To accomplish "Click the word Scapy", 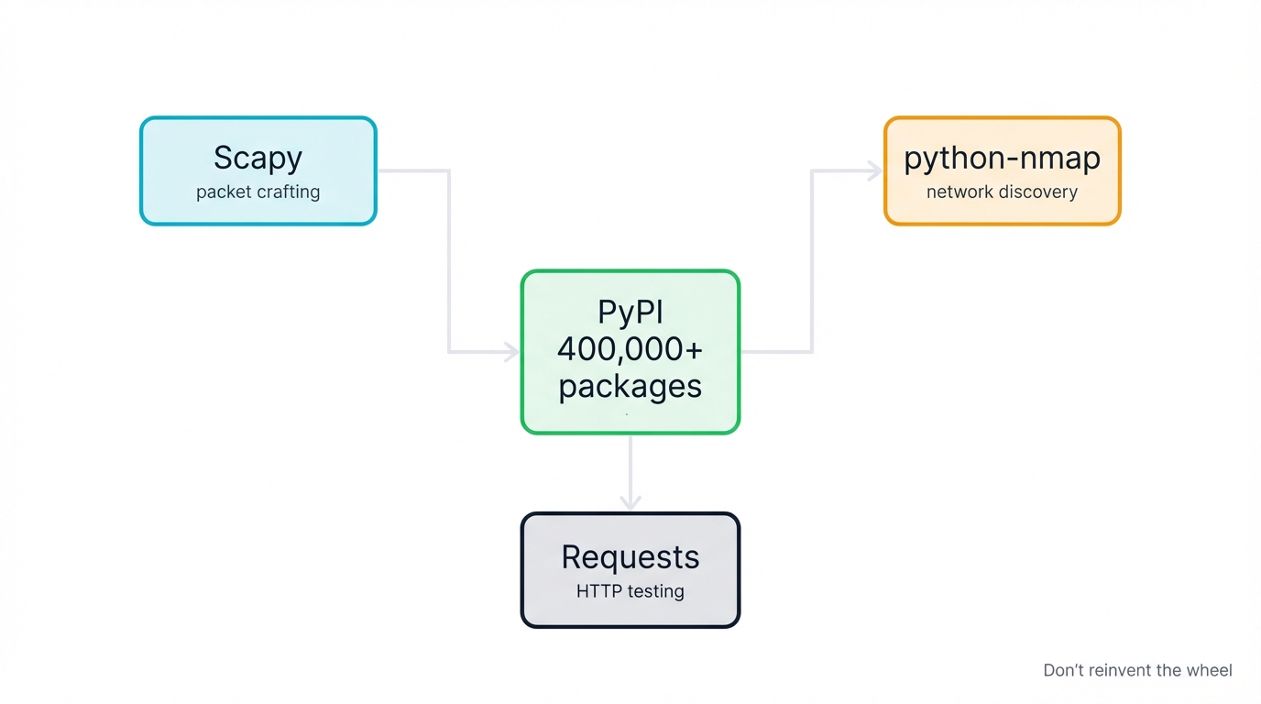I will coord(258,158).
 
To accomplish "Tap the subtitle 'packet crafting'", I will coord(258,192).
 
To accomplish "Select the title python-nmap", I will coord(1002,158).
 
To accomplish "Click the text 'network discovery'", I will coord(1002,192).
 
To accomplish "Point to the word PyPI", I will coord(630,313).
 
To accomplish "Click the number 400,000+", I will coord(630,349).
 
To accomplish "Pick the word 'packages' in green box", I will coord(630,386).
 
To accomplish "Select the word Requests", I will coord(630,557).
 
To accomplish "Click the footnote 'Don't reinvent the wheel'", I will coord(1137,671).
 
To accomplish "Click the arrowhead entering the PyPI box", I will coord(511,352).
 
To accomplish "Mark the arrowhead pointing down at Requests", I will coord(630,501).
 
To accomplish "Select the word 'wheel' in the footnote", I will coord(1209,671).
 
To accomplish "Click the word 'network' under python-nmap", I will coord(959,192).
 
